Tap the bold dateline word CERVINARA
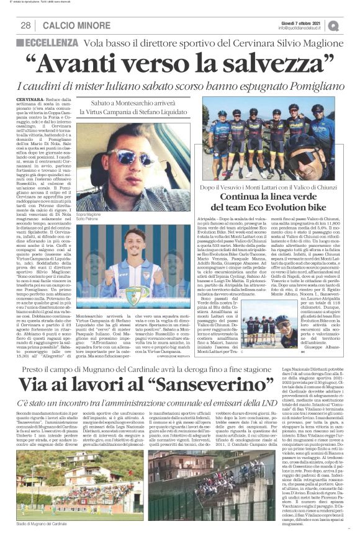pyautogui.click(x=31, y=100)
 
